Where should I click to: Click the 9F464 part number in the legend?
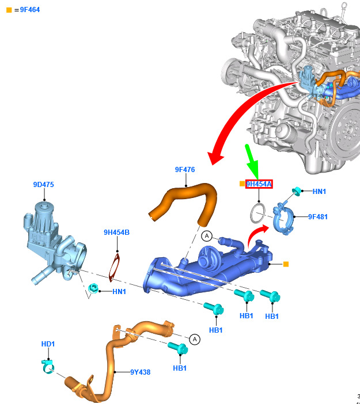click(x=30, y=10)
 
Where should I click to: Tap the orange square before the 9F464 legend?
click(x=9, y=10)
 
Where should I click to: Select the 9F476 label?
click(x=185, y=170)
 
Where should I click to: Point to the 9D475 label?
click(x=44, y=185)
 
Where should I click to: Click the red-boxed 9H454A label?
click(x=259, y=184)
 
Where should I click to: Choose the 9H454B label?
click(x=116, y=232)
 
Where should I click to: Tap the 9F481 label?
click(x=318, y=217)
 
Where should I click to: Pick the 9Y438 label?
click(x=141, y=372)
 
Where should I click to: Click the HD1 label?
click(x=48, y=344)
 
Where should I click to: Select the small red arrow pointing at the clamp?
click(x=256, y=234)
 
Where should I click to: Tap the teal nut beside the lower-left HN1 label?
click(x=93, y=288)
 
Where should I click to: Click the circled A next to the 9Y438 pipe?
click(x=195, y=340)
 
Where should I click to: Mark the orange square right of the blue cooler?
click(x=286, y=264)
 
